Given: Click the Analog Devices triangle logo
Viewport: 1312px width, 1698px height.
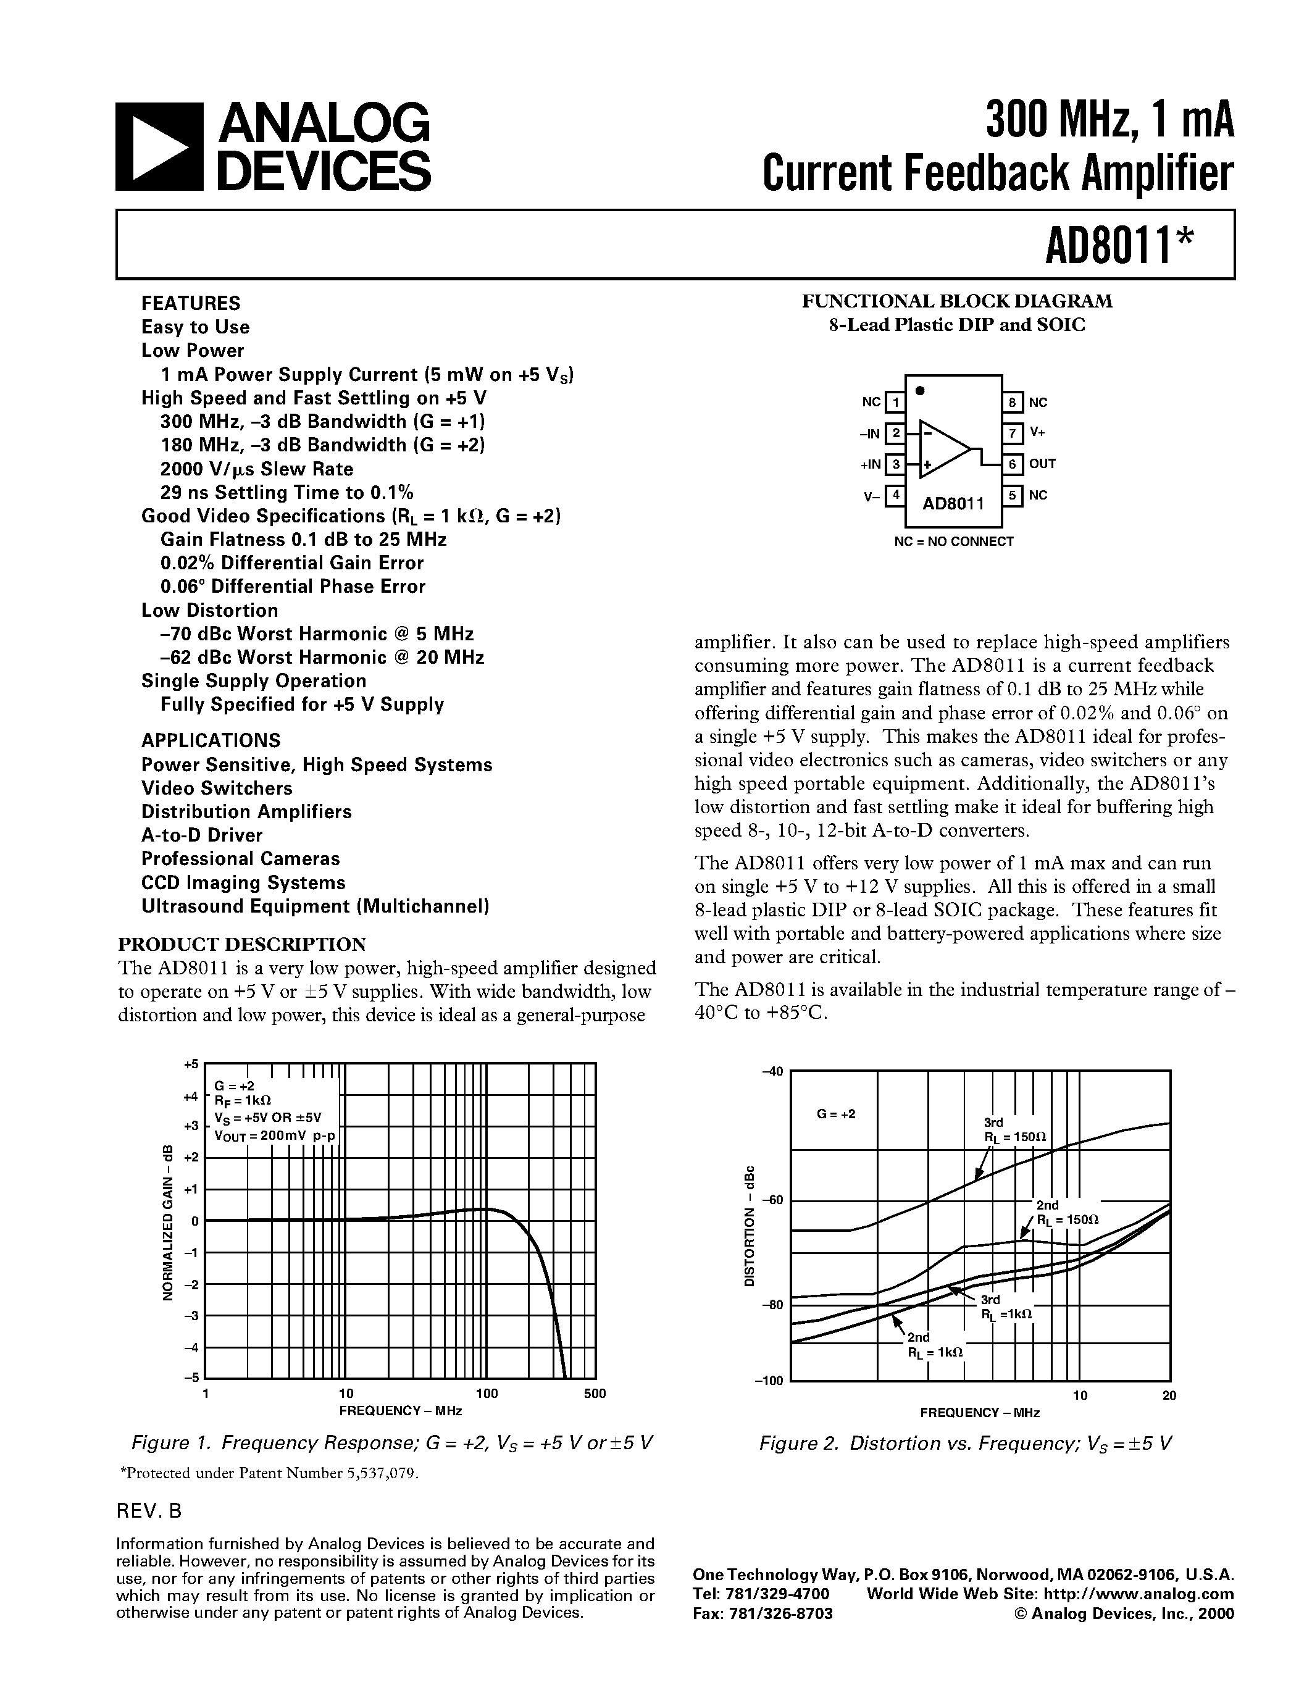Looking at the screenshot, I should click(x=159, y=147).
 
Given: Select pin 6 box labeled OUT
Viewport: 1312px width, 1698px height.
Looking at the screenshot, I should click(x=1012, y=464).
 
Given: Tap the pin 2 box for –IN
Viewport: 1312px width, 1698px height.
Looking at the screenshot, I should click(x=895, y=433).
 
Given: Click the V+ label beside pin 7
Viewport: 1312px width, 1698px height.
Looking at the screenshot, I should click(x=1037, y=432).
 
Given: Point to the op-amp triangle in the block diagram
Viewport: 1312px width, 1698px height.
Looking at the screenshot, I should click(x=943, y=449).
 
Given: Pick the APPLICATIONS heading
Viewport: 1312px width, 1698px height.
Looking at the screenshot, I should click(x=211, y=740).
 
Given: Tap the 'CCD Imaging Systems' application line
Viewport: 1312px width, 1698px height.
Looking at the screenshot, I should click(x=243, y=882).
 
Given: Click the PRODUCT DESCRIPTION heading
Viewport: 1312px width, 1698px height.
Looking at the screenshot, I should click(x=242, y=944).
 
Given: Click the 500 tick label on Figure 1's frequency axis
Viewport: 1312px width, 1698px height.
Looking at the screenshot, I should click(x=595, y=1394).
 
